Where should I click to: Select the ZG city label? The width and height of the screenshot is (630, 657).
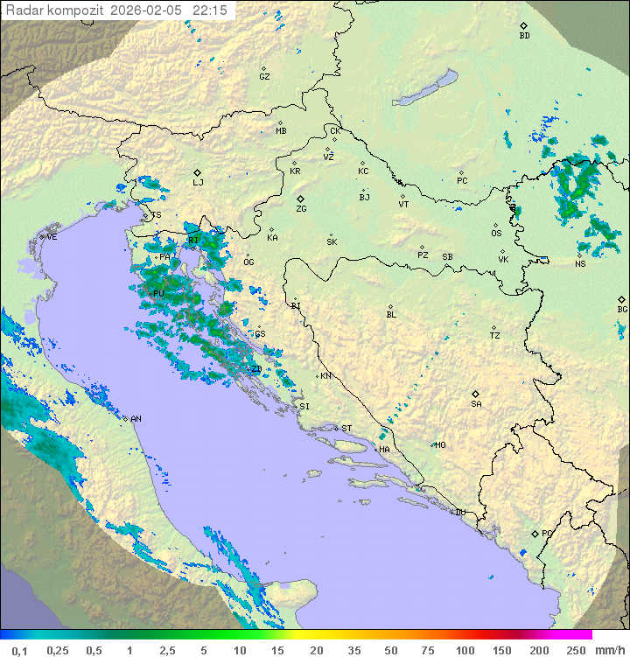[x=301, y=209]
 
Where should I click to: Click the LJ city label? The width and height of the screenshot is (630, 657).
[x=198, y=183]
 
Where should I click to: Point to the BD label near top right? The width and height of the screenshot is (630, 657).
[x=524, y=36]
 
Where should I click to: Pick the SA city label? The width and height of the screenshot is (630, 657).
[x=476, y=404]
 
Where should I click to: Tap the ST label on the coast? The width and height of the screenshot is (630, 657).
[x=346, y=429]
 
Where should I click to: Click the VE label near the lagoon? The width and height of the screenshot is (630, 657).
[x=52, y=237]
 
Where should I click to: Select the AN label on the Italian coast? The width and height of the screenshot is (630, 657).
[x=136, y=419]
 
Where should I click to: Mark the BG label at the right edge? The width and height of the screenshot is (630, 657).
[x=622, y=310]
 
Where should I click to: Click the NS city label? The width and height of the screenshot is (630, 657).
[x=580, y=264]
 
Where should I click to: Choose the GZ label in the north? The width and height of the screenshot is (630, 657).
[x=264, y=77]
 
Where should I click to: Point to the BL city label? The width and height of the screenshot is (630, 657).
[x=391, y=315]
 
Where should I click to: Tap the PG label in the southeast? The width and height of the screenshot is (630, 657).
[x=547, y=533]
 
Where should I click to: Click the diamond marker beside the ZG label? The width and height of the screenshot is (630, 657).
[x=300, y=199]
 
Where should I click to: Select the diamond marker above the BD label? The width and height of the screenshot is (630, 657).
[x=523, y=25]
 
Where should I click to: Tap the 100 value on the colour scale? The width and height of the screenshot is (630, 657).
[x=465, y=650]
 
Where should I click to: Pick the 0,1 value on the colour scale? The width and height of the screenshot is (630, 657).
[x=19, y=650]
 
